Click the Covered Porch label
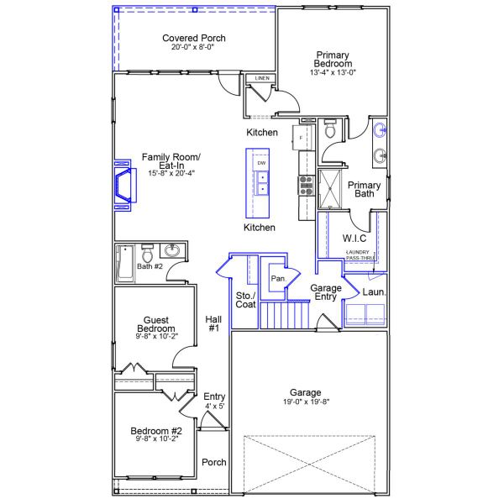[194, 39]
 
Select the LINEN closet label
[261, 79]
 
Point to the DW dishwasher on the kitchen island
[261, 162]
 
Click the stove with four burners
[304, 184]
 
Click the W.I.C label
[354, 238]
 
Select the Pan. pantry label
[277, 278]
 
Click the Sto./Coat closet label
[245, 300]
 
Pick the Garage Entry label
[326, 293]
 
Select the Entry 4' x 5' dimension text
[214, 406]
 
